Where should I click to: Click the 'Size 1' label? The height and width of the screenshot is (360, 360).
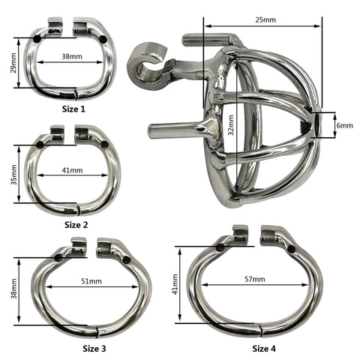point(73,109)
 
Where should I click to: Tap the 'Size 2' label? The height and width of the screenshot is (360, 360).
point(76,225)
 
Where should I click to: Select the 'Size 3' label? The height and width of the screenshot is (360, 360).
point(94,349)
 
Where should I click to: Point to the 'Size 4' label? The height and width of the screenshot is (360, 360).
point(264,349)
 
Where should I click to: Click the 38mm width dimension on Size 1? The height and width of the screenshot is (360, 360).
point(72,56)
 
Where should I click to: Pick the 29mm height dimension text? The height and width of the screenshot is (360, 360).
point(13,63)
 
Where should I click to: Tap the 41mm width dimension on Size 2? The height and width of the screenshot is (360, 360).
point(73,170)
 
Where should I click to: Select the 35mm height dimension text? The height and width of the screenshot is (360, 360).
point(14,175)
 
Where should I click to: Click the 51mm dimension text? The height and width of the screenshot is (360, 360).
point(91,281)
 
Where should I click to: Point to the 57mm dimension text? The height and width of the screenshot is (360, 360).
point(255,279)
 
